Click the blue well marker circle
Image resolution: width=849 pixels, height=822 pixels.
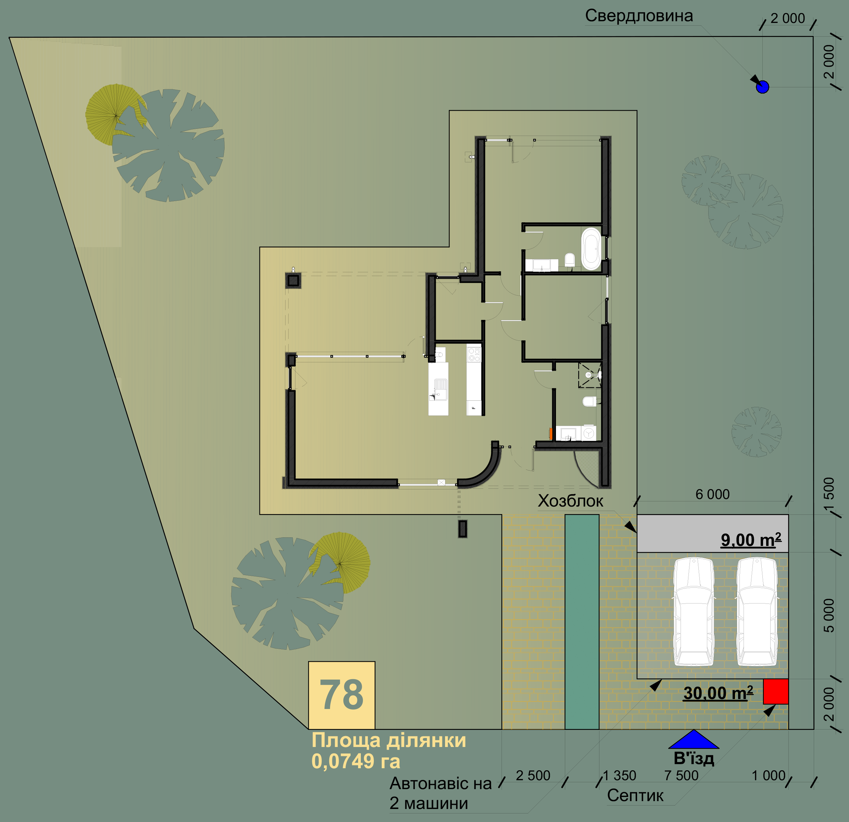[x=762, y=87]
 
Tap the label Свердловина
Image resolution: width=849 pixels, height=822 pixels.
[x=639, y=16]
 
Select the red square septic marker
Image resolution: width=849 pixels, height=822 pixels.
[x=776, y=692]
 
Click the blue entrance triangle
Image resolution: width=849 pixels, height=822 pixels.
[x=694, y=740]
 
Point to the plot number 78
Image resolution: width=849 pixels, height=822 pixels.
[x=341, y=695]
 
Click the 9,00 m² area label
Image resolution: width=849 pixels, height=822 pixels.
[x=751, y=539]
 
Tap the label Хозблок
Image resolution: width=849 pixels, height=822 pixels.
[x=570, y=501]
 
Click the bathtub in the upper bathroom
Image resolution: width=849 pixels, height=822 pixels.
[x=591, y=249]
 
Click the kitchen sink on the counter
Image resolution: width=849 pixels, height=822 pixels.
[x=441, y=389]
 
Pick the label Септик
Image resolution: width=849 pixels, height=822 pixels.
[x=635, y=795]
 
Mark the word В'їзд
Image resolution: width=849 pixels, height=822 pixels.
[x=694, y=758]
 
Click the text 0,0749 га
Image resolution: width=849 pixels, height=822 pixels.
[x=356, y=761]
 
